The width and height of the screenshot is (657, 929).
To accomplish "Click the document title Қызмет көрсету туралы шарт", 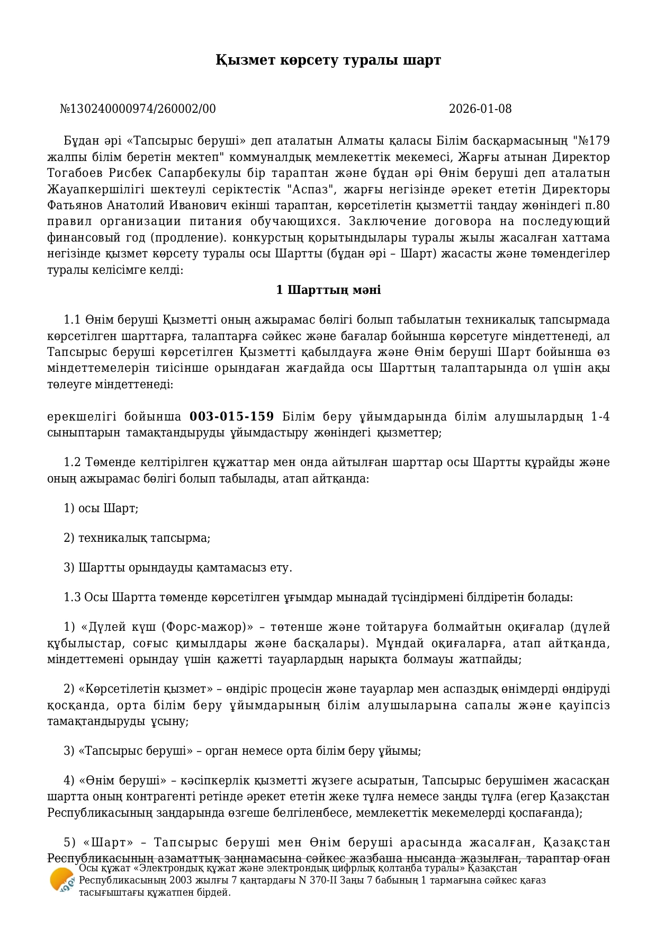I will pos(328,60).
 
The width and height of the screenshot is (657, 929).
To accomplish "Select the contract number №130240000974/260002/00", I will pos(138,109).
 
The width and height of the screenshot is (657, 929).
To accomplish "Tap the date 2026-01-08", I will pos(480,109).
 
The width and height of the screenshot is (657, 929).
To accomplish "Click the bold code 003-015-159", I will pos(232,416).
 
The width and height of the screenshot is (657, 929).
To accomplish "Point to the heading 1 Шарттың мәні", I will pos(328,290).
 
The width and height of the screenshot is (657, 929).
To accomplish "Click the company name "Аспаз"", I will pos(316,189).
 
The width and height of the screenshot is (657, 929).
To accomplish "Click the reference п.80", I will pos(597,205).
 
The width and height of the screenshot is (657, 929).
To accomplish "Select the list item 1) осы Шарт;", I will pos(101,508).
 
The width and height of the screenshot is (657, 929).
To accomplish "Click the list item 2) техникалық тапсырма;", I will pos(137,538).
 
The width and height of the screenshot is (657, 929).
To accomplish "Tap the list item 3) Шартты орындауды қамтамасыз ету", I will pos(177,568).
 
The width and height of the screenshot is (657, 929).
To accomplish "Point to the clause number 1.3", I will pos(72,597).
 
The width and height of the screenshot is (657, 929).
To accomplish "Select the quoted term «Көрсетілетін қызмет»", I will pos(142,689).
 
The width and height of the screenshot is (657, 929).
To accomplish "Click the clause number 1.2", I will pos(72,462).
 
